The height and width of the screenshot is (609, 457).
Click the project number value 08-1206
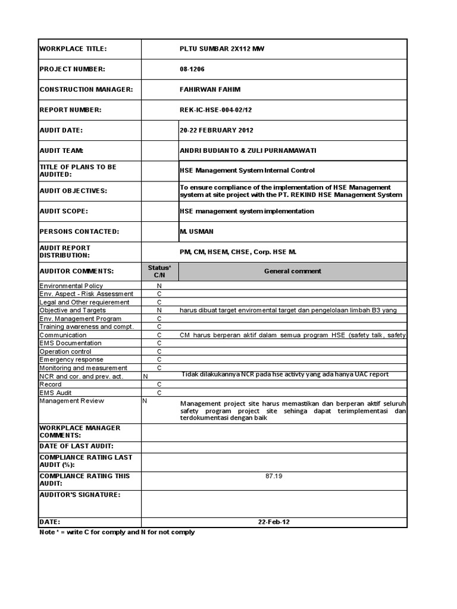click(192, 69)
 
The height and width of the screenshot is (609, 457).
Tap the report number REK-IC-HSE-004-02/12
click(221, 109)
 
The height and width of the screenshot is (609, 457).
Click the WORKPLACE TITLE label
click(73, 49)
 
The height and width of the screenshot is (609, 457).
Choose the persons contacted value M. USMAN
click(196, 231)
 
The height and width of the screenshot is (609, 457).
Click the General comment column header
click(292, 271)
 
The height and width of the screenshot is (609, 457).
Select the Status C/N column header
click(159, 271)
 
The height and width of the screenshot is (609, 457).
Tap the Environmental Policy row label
click(67, 286)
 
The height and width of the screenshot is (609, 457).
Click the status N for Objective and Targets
click(159, 310)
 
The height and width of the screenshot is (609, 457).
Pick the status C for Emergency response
click(159, 360)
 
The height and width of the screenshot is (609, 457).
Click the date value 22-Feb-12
click(274, 522)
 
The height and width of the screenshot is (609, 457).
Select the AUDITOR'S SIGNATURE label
click(80, 495)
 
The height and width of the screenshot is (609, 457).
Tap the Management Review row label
click(71, 401)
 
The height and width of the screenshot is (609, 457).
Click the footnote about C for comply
click(117, 532)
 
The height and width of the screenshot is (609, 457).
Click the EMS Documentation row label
click(70, 343)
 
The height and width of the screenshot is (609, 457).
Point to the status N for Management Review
click(145, 401)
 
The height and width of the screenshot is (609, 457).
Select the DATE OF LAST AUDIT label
click(76, 446)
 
